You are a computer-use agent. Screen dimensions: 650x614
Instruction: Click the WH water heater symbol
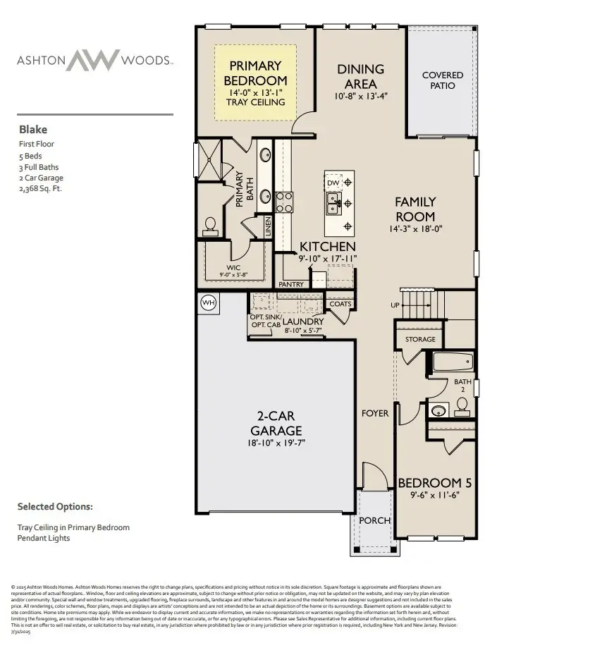click(208, 302)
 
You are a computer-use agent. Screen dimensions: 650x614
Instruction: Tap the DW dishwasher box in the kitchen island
click(333, 183)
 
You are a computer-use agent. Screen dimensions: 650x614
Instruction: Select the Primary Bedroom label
click(256, 73)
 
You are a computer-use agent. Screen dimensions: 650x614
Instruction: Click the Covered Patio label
click(443, 80)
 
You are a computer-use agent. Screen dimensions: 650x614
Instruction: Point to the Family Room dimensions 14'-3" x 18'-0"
click(415, 229)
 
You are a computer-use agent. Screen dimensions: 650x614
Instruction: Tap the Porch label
click(374, 520)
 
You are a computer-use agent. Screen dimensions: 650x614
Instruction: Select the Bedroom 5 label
click(434, 483)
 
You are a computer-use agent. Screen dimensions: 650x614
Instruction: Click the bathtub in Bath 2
click(453, 362)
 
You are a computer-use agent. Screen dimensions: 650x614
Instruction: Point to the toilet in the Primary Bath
click(209, 225)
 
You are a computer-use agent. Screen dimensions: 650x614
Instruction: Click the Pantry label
click(291, 285)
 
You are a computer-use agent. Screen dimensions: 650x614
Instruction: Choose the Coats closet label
click(340, 304)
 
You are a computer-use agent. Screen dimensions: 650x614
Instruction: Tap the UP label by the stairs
click(395, 305)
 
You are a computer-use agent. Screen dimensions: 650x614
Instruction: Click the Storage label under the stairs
click(420, 340)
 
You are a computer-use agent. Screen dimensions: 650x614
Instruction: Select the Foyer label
click(375, 413)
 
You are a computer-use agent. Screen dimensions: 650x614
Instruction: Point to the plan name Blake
click(29, 130)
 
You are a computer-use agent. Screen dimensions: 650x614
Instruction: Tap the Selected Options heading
click(55, 506)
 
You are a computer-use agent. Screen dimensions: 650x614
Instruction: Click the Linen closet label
click(269, 226)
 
